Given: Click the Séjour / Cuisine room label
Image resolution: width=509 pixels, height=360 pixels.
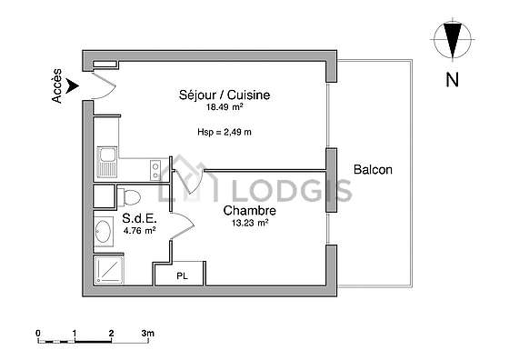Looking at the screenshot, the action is tap(225, 95).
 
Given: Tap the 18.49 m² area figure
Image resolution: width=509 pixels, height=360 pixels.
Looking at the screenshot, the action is tap(225, 106).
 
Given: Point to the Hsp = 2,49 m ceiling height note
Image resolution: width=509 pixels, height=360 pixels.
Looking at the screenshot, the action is tap(225, 132).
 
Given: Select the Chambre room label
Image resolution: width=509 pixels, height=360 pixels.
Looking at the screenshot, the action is tap(250, 210).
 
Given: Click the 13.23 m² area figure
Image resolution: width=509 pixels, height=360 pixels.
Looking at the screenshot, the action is tap(250, 223).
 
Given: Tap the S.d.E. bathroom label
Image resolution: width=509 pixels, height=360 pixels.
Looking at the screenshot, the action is tap(139, 218).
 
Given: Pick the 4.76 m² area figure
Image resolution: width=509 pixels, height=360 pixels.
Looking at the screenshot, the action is tap(139, 231).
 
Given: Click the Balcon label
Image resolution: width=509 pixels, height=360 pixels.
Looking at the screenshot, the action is tap(373, 169).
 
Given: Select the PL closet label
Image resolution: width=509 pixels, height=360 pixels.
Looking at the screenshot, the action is tap(182, 276).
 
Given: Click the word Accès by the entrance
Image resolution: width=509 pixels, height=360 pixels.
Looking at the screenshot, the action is tap(56, 85).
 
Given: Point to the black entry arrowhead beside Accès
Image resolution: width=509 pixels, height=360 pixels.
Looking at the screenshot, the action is tap(72, 86).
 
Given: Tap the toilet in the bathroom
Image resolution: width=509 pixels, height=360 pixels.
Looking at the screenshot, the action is tap(128, 196).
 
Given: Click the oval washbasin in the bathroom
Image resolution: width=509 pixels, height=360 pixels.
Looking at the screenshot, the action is tap(104, 231).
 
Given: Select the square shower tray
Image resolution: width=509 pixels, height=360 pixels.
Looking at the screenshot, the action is tap(108, 270).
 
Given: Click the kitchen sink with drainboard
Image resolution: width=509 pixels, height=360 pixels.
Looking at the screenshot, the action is tap(107, 162).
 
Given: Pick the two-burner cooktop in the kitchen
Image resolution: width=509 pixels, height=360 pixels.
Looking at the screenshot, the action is tap(155, 171).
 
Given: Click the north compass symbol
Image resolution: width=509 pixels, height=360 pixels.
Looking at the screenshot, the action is tap(453, 40).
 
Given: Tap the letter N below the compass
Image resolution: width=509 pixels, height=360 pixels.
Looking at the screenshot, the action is tap(453, 79).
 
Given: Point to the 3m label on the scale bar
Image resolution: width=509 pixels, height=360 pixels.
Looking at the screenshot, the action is tap(147, 333).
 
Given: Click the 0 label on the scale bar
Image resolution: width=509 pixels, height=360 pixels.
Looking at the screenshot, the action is tap(38, 334).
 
